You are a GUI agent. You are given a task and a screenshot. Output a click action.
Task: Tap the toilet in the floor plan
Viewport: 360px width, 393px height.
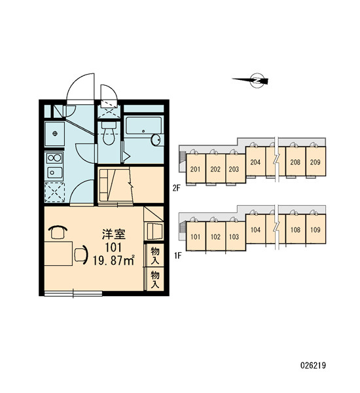(109, 134)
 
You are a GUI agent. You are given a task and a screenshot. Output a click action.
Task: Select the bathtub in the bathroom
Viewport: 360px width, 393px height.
(143, 126)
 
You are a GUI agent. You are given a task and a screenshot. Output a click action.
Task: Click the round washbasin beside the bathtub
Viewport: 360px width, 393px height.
(156, 140)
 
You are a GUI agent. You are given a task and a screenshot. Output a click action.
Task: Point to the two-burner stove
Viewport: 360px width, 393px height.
(54, 158)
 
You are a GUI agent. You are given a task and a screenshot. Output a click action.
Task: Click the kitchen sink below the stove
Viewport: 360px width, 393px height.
(54, 172)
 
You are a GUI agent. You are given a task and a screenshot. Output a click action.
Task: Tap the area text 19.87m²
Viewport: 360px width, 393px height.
(114, 261)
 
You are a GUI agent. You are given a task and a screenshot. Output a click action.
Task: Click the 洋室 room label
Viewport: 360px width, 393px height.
(114, 234)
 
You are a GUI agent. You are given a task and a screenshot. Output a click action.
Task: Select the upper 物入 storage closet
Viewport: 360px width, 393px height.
(155, 255)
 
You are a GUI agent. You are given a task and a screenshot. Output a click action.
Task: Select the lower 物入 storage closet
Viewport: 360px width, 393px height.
(155, 279)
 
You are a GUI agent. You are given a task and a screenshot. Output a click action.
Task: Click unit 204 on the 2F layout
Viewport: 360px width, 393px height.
(255, 161)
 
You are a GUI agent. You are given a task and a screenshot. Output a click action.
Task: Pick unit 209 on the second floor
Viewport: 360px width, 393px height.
(315, 161)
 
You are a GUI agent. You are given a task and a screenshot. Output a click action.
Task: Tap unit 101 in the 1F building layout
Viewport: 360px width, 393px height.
(196, 236)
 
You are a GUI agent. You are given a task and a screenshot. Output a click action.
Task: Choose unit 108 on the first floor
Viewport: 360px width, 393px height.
(295, 229)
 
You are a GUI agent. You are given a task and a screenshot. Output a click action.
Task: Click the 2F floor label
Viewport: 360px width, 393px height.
(177, 188)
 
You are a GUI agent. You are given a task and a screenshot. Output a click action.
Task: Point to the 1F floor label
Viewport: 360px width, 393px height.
(177, 256)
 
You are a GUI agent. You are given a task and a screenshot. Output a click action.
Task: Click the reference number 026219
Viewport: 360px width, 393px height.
(313, 365)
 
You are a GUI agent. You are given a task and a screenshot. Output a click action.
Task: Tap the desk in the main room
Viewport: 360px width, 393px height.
(58, 253)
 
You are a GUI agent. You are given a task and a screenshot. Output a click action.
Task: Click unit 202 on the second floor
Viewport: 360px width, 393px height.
(215, 168)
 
